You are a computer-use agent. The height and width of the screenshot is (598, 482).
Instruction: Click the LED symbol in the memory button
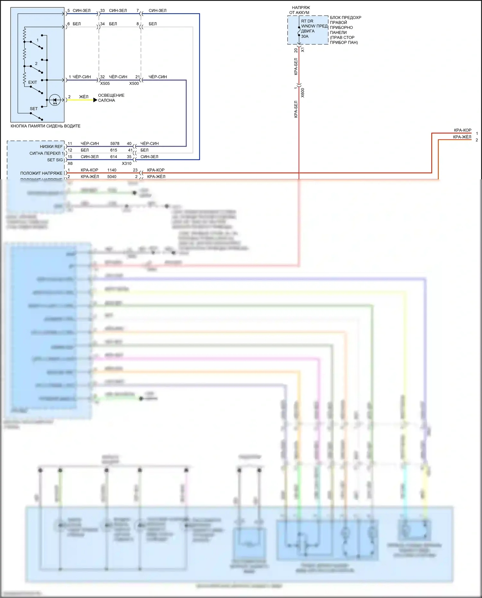(x=55, y=100)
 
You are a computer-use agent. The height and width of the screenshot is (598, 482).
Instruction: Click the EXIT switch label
(x=32, y=82)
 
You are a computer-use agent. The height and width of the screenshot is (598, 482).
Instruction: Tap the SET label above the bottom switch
(x=34, y=109)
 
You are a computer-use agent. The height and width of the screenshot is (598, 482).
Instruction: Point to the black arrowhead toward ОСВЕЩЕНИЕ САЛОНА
(x=95, y=100)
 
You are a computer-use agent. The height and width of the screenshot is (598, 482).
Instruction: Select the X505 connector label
(x=105, y=84)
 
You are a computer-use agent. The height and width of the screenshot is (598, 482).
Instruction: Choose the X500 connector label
(x=134, y=84)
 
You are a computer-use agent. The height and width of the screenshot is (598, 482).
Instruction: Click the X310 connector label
(x=127, y=163)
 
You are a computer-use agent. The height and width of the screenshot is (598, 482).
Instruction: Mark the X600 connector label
(x=303, y=93)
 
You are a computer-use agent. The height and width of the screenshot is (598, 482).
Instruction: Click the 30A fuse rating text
(x=305, y=36)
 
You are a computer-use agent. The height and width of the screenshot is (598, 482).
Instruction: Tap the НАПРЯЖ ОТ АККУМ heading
(x=300, y=10)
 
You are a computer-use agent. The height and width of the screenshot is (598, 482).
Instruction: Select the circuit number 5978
(x=115, y=144)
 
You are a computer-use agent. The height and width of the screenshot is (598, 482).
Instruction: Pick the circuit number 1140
(x=112, y=170)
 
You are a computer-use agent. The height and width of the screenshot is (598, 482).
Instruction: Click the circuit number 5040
(x=112, y=177)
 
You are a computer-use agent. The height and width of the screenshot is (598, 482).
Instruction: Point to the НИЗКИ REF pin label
(x=51, y=147)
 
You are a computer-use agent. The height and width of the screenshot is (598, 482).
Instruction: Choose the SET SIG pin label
(x=55, y=160)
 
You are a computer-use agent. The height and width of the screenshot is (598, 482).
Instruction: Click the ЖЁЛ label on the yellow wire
(x=84, y=97)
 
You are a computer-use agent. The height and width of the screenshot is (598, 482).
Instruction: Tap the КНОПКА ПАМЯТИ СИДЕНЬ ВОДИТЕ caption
(x=45, y=126)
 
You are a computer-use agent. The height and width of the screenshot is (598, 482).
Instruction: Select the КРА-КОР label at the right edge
(x=462, y=130)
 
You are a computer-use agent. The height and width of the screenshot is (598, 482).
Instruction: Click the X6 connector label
(x=70, y=163)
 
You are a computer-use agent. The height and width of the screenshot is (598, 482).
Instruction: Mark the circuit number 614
(x=114, y=157)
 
